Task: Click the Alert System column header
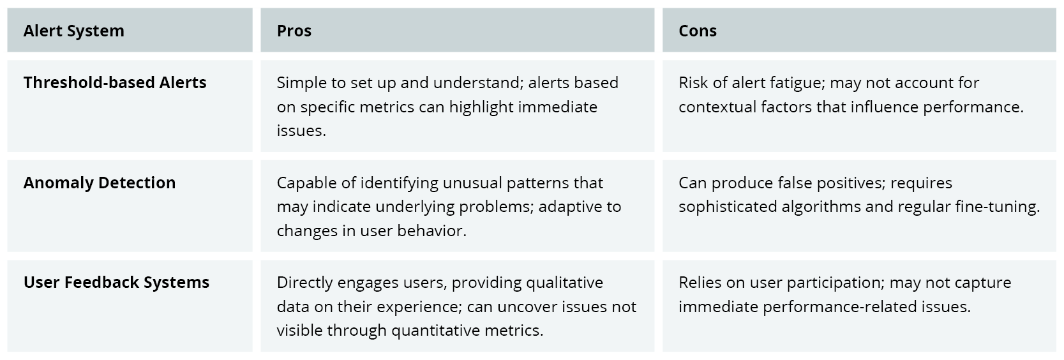pos(74,31)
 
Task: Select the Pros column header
pos(294,31)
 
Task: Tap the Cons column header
pos(698,31)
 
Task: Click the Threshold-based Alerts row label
pos(115,82)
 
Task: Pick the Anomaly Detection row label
pos(100,183)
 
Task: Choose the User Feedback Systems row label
pos(116,282)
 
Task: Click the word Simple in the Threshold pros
pos(301,82)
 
